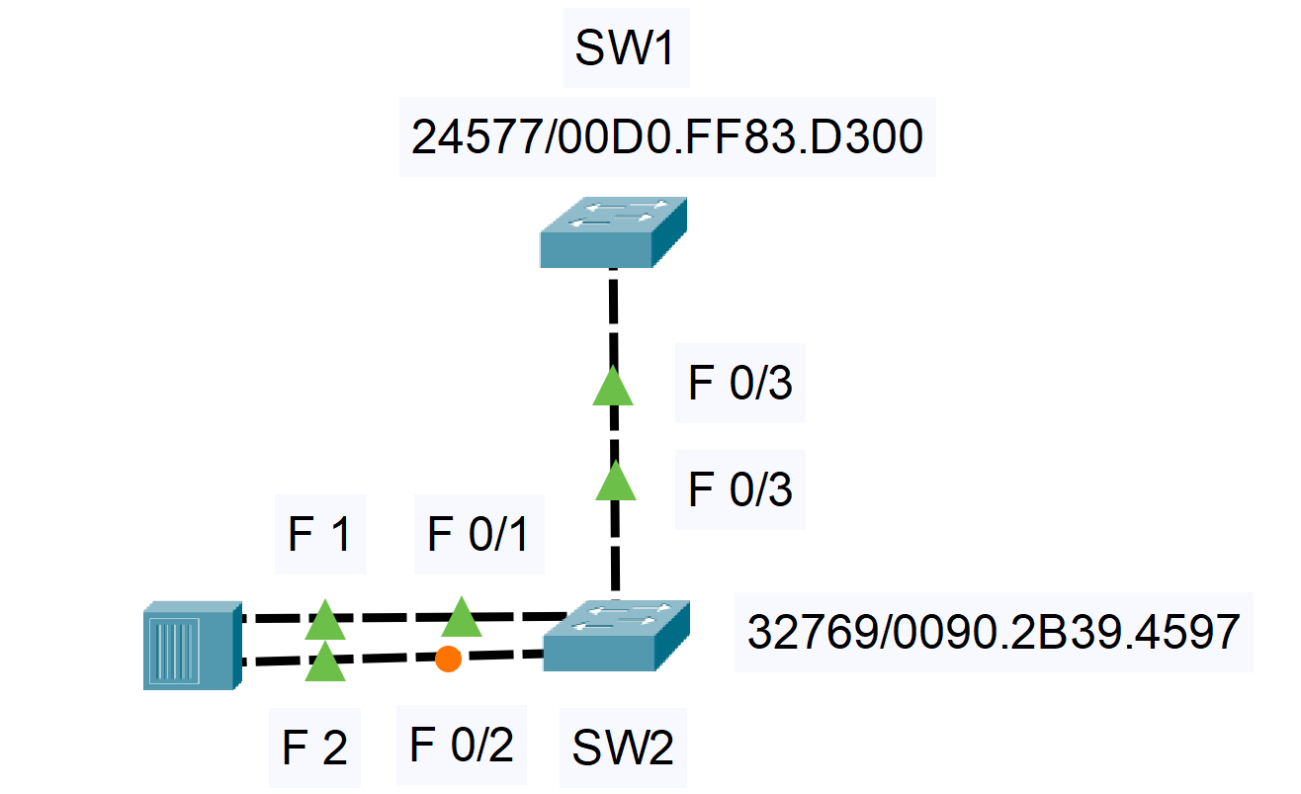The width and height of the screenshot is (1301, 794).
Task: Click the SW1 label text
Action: (x=625, y=50)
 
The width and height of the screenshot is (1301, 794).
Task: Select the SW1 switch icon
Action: (x=613, y=233)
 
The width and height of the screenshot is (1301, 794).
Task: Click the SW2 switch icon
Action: (x=616, y=636)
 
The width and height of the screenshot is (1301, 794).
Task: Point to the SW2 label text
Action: (x=623, y=749)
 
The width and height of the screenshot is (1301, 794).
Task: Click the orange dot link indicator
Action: (x=448, y=659)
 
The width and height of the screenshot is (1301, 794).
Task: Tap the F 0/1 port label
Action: (x=478, y=536)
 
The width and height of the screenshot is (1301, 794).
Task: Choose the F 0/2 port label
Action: (x=462, y=744)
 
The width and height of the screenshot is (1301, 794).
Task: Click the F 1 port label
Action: (x=319, y=536)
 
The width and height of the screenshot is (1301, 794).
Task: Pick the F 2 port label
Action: (x=314, y=749)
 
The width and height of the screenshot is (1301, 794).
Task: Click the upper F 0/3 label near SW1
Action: (x=739, y=384)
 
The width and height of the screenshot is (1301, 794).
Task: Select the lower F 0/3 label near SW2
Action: (x=739, y=488)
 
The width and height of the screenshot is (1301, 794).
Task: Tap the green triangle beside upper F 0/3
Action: (x=612, y=387)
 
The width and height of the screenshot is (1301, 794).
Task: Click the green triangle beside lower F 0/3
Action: (x=616, y=482)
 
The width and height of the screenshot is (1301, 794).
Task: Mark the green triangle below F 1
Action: (x=324, y=621)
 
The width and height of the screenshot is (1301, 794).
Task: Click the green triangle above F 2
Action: (x=324, y=662)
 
